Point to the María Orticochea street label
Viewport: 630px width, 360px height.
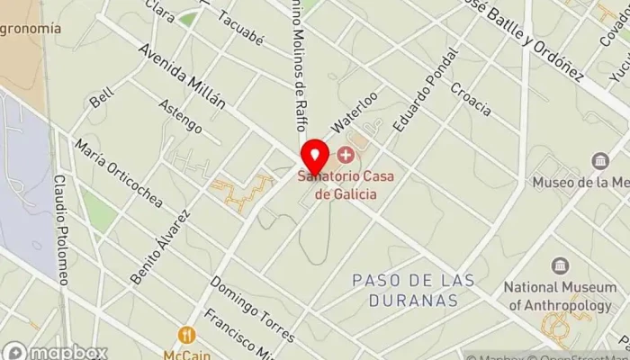(x=119, y=173)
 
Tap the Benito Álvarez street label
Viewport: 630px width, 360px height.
(x=161, y=247)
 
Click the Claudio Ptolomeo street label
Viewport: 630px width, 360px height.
(x=60, y=229)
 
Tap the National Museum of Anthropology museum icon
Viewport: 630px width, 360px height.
(x=560, y=267)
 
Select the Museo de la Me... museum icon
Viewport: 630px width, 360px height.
(x=600, y=161)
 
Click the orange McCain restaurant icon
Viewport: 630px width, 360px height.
(x=187, y=335)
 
